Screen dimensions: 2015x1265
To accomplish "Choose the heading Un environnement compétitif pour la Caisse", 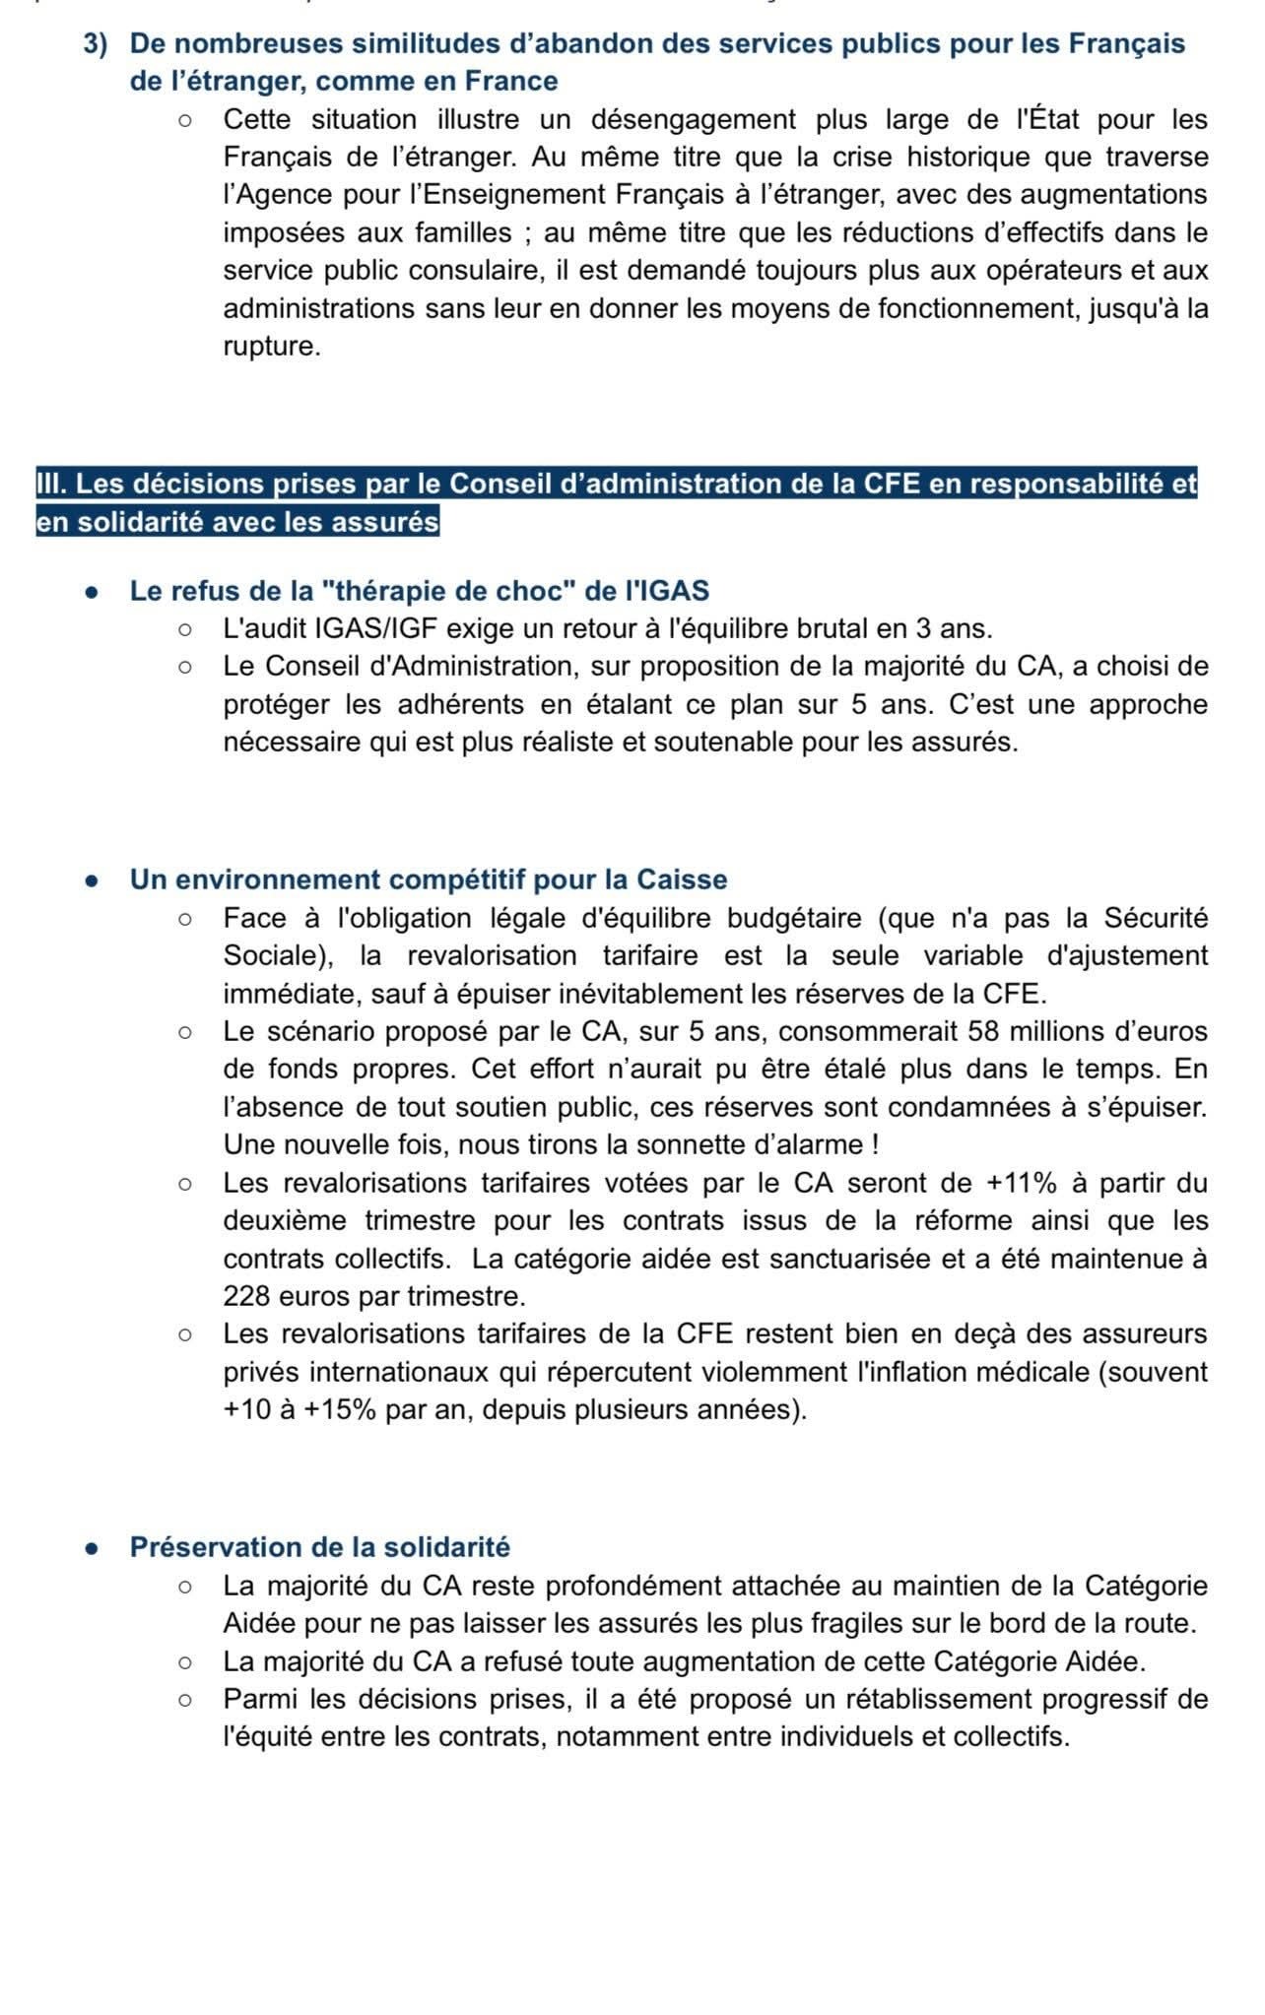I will click(429, 879).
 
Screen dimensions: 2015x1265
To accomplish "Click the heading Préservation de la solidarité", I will click(320, 1547).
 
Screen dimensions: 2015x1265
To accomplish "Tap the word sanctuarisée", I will click(842, 1259).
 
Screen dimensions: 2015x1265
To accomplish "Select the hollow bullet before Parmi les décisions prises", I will click(184, 1700).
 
